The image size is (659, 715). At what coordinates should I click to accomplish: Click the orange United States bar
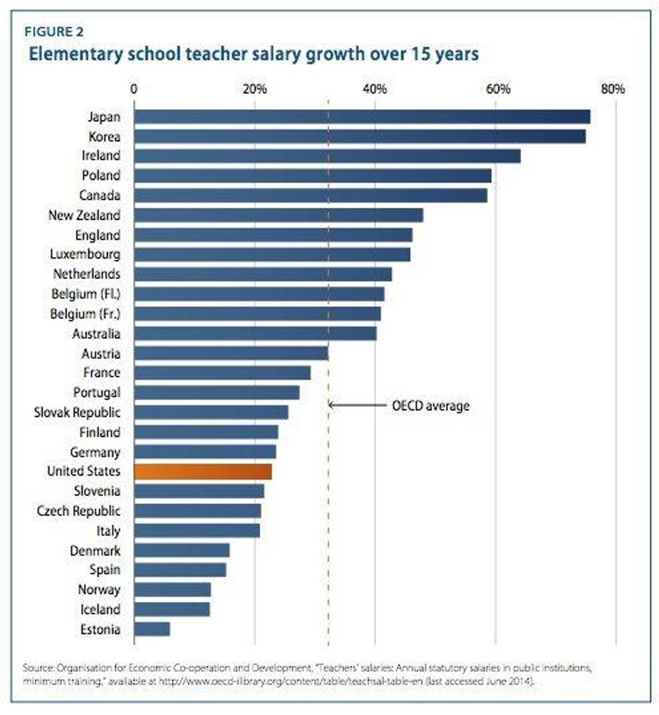203,472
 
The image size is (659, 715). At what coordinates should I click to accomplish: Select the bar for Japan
362,117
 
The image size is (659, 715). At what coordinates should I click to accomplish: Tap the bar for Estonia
152,630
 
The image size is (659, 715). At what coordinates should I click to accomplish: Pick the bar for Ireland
327,156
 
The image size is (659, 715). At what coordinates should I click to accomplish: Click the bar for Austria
231,353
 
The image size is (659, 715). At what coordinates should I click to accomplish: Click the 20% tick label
255,89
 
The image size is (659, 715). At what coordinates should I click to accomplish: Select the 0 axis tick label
134,89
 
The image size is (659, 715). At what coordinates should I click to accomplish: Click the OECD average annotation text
430,406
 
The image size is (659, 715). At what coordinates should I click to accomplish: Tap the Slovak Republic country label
77,412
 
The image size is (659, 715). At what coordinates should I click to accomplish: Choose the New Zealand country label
85,215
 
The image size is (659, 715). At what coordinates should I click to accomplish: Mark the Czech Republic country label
79,511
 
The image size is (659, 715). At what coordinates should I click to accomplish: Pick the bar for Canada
311,196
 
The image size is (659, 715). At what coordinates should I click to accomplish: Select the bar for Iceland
172,609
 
